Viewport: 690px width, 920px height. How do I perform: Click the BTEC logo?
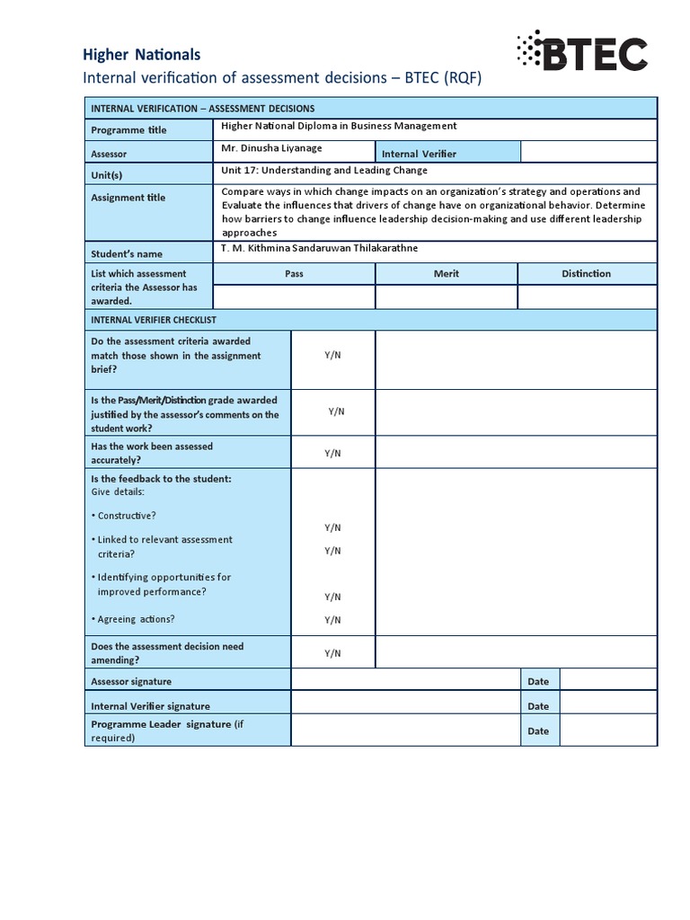[x=581, y=53]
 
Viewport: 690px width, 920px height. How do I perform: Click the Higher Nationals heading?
[x=141, y=55]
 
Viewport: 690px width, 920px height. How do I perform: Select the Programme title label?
[x=128, y=130]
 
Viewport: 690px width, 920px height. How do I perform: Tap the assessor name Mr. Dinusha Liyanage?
[x=270, y=149]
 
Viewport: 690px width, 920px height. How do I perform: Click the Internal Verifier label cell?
[x=419, y=154]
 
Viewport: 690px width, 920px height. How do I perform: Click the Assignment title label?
[x=128, y=198]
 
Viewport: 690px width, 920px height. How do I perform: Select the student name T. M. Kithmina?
[x=319, y=248]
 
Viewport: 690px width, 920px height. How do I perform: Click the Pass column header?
[x=294, y=274]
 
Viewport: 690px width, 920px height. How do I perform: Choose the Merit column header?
[x=446, y=274]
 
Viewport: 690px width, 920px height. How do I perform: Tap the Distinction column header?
[x=586, y=274]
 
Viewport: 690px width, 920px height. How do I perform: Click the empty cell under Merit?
[x=447, y=297]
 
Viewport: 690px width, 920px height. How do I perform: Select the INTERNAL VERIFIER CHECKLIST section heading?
[x=154, y=320]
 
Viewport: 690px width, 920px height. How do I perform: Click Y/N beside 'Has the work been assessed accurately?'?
[x=332, y=454]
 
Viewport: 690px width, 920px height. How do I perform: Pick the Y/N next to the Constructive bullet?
[x=332, y=527]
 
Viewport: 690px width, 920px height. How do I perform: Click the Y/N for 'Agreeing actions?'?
[x=332, y=620]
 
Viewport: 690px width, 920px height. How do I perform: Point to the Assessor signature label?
[x=131, y=682]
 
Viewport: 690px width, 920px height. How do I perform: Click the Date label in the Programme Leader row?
[x=538, y=731]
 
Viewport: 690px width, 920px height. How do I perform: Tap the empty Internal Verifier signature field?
[x=406, y=706]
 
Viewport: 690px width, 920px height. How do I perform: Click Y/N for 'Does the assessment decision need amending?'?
[x=332, y=653]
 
